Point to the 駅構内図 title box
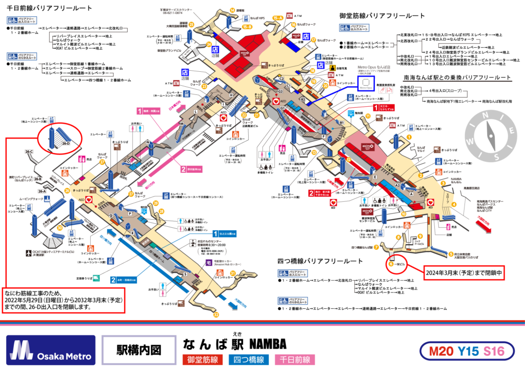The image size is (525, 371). [138, 350]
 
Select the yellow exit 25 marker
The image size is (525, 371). [191, 24]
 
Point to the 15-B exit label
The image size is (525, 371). [247, 26]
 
